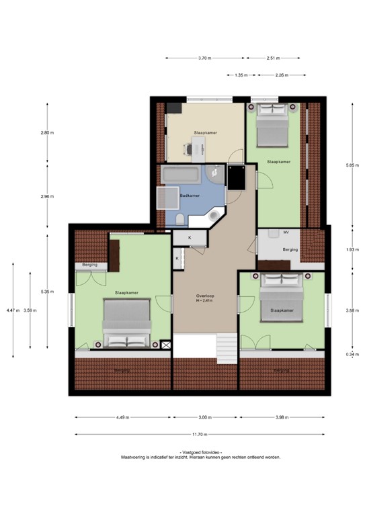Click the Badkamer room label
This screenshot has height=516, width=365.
[190, 196]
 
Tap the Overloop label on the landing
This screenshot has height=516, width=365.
[204, 296]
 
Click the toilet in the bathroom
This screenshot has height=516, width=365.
[181, 219]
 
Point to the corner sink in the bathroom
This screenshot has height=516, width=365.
[216, 216]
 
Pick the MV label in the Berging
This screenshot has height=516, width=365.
[286, 232]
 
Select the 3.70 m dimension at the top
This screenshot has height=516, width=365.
[204, 58]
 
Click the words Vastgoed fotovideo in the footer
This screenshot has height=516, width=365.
[201, 452]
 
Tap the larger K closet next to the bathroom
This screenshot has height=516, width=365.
[190, 238]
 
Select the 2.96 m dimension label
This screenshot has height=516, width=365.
[46, 197]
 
